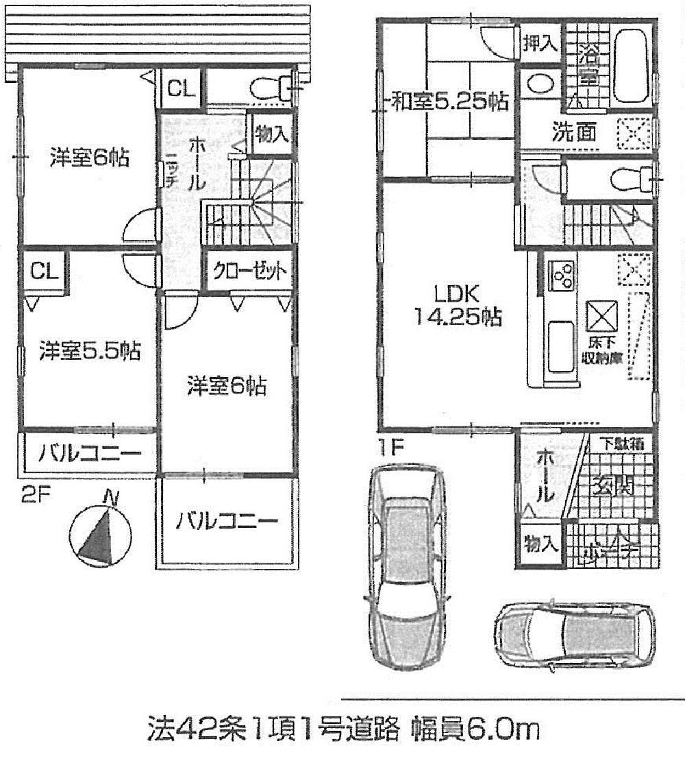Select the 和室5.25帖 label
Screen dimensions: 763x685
[449, 103]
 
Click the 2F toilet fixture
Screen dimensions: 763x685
[268, 88]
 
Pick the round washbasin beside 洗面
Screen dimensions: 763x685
[539, 86]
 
